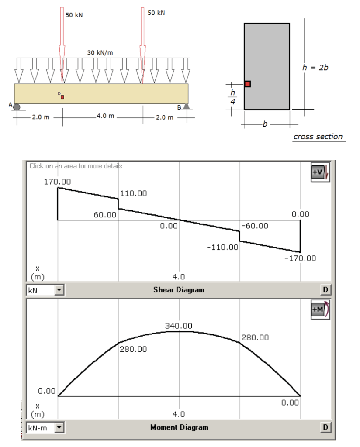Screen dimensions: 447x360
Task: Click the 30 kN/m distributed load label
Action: coord(100,52)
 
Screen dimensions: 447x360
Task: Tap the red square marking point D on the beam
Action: coord(62,96)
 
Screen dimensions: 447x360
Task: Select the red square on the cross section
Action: coord(247,84)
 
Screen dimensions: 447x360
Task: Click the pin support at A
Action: coord(17,106)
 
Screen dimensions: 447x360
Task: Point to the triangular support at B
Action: coord(186,106)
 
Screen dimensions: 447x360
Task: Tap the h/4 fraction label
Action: coord(233,96)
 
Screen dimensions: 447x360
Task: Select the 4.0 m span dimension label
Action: coord(105,116)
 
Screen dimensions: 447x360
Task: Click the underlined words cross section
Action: coord(318,137)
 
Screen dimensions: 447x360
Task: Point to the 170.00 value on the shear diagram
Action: coord(58,181)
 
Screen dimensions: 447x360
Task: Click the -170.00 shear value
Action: coord(300,258)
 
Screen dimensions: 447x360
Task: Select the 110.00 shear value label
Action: coord(133,193)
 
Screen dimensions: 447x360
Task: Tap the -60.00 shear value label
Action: coord(255,226)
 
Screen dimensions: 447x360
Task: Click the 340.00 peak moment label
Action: coord(179,326)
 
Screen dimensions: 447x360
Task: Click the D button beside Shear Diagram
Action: coord(325,289)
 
